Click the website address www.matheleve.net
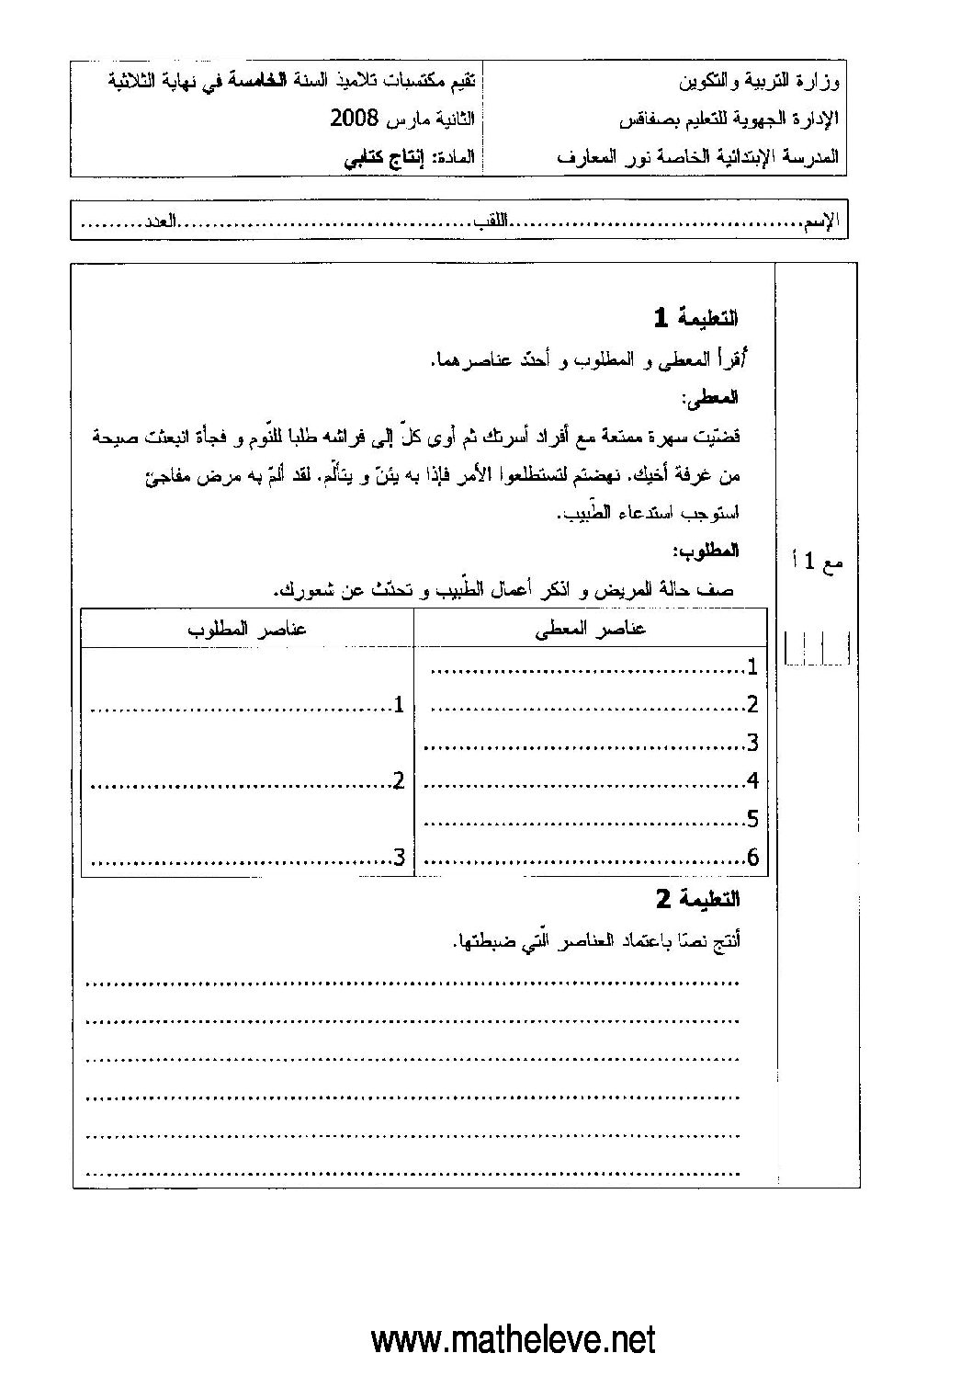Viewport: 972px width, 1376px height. tap(514, 1338)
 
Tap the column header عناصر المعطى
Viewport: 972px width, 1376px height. tap(591, 629)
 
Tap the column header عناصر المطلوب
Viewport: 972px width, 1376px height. tap(247, 629)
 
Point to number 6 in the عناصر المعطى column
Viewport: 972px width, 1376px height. tap(753, 859)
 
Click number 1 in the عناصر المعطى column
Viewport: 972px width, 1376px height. tap(753, 666)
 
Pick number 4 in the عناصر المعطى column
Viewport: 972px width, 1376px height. tap(753, 781)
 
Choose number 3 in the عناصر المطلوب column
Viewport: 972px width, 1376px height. tap(399, 859)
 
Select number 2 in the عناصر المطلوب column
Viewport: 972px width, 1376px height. tap(399, 781)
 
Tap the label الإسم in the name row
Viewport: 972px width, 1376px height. tap(820, 222)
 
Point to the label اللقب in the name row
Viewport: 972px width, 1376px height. tap(492, 222)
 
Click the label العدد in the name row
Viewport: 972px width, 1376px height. tap(158, 222)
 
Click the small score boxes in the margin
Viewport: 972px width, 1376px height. tap(817, 648)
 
